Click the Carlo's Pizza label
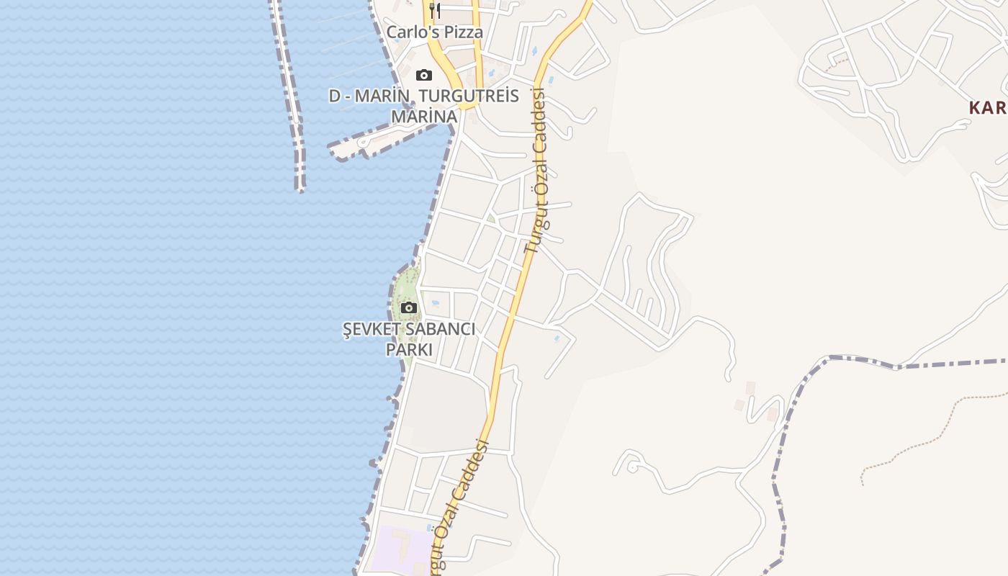click(x=434, y=32)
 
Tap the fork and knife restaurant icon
click(x=434, y=10)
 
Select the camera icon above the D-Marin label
click(x=424, y=75)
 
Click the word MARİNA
click(x=424, y=117)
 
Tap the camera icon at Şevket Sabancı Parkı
click(x=409, y=308)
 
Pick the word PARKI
click(x=409, y=350)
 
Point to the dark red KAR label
click(x=987, y=109)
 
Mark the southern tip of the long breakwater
click(x=300, y=189)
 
